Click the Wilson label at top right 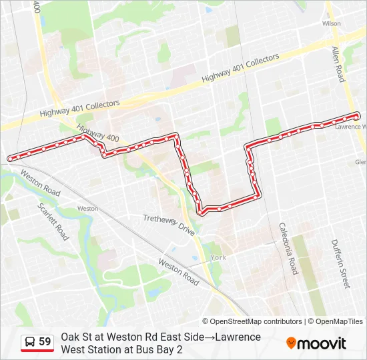click(331, 23)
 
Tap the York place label click(218, 257)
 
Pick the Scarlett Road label click(54, 221)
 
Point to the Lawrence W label click(347, 125)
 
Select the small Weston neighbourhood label click(87, 209)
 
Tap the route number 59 click(45, 342)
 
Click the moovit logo click(316, 343)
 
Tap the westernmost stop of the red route click(11, 158)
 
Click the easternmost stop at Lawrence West click(358, 115)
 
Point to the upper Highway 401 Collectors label click(240, 69)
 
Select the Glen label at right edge click(360, 162)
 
